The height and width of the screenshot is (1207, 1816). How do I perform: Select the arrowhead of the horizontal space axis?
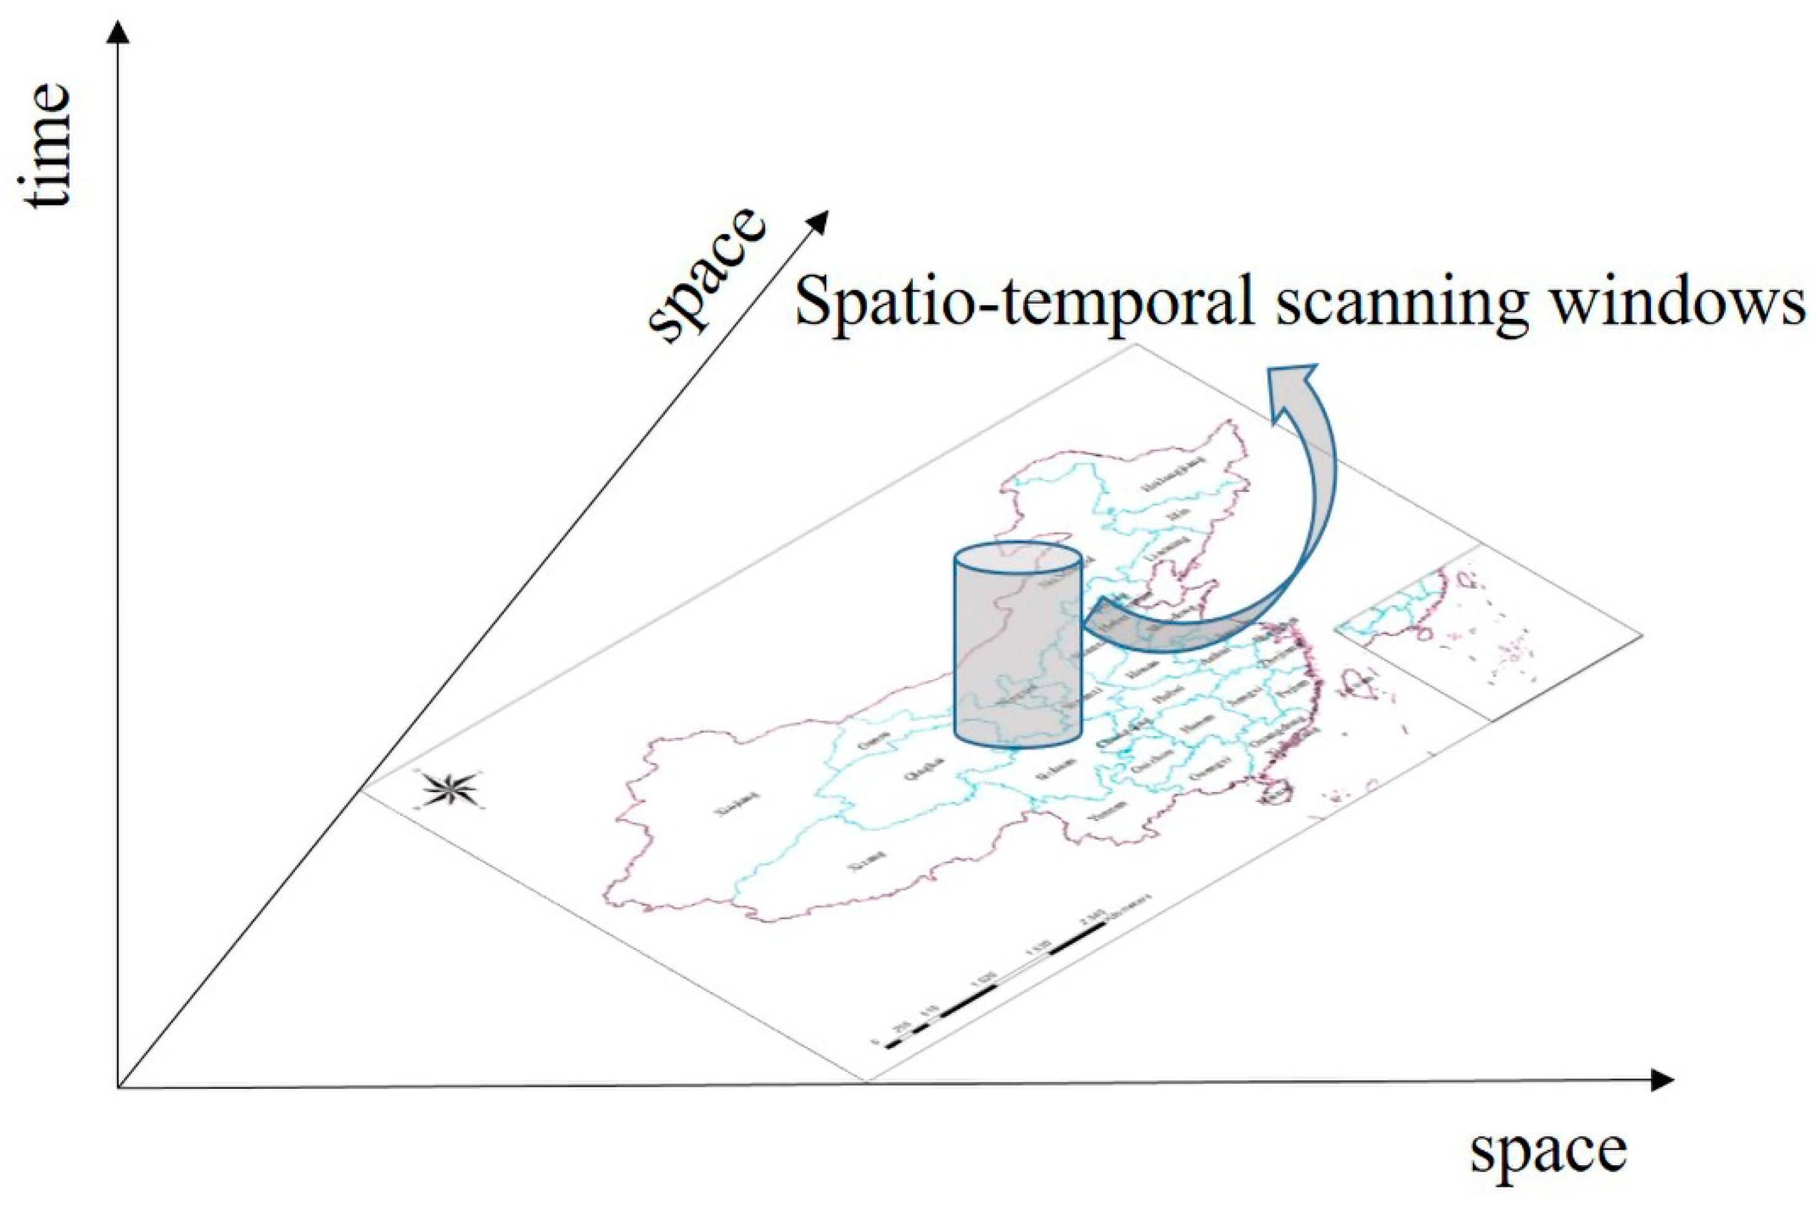click(1662, 1081)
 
